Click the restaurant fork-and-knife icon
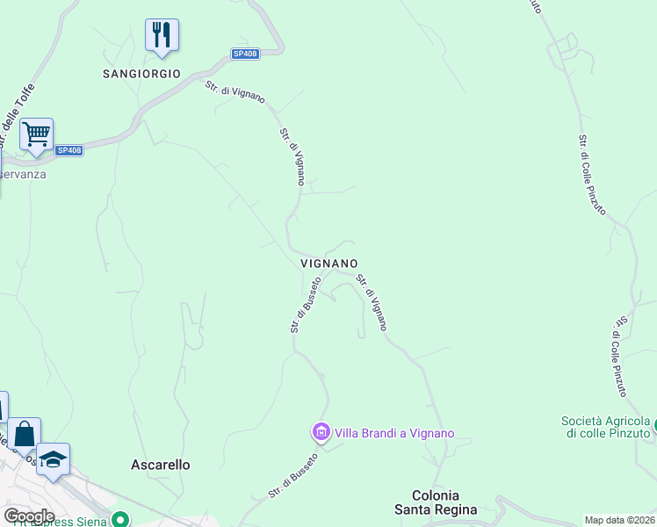click(x=162, y=35)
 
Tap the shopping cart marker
click(x=36, y=135)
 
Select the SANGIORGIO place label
click(x=141, y=74)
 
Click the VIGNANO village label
click(x=328, y=263)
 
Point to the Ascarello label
click(x=161, y=464)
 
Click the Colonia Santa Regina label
click(x=436, y=502)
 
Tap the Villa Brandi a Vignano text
click(x=393, y=433)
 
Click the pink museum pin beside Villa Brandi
click(x=320, y=432)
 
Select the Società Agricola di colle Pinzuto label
click(x=606, y=427)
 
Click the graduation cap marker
click(x=53, y=459)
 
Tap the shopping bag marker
click(x=24, y=434)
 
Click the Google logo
click(x=29, y=516)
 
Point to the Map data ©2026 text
click(x=619, y=520)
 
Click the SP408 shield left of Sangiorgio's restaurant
click(x=245, y=54)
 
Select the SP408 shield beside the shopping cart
click(x=69, y=150)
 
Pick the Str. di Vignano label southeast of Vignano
click(x=371, y=302)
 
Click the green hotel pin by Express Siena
click(x=121, y=520)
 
